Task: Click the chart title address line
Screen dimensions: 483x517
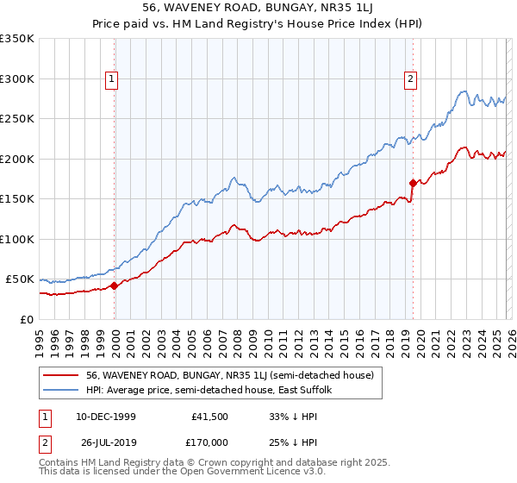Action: click(258, 9)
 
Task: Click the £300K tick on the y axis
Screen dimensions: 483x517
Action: click(17, 78)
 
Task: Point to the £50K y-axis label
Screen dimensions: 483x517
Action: click(21, 279)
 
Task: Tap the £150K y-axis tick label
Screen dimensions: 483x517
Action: click(17, 199)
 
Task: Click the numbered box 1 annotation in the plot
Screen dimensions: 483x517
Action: click(112, 79)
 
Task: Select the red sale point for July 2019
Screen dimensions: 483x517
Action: click(414, 183)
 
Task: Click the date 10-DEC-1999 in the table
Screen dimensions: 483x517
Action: click(105, 417)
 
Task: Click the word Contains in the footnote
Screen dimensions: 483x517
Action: click(59, 463)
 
